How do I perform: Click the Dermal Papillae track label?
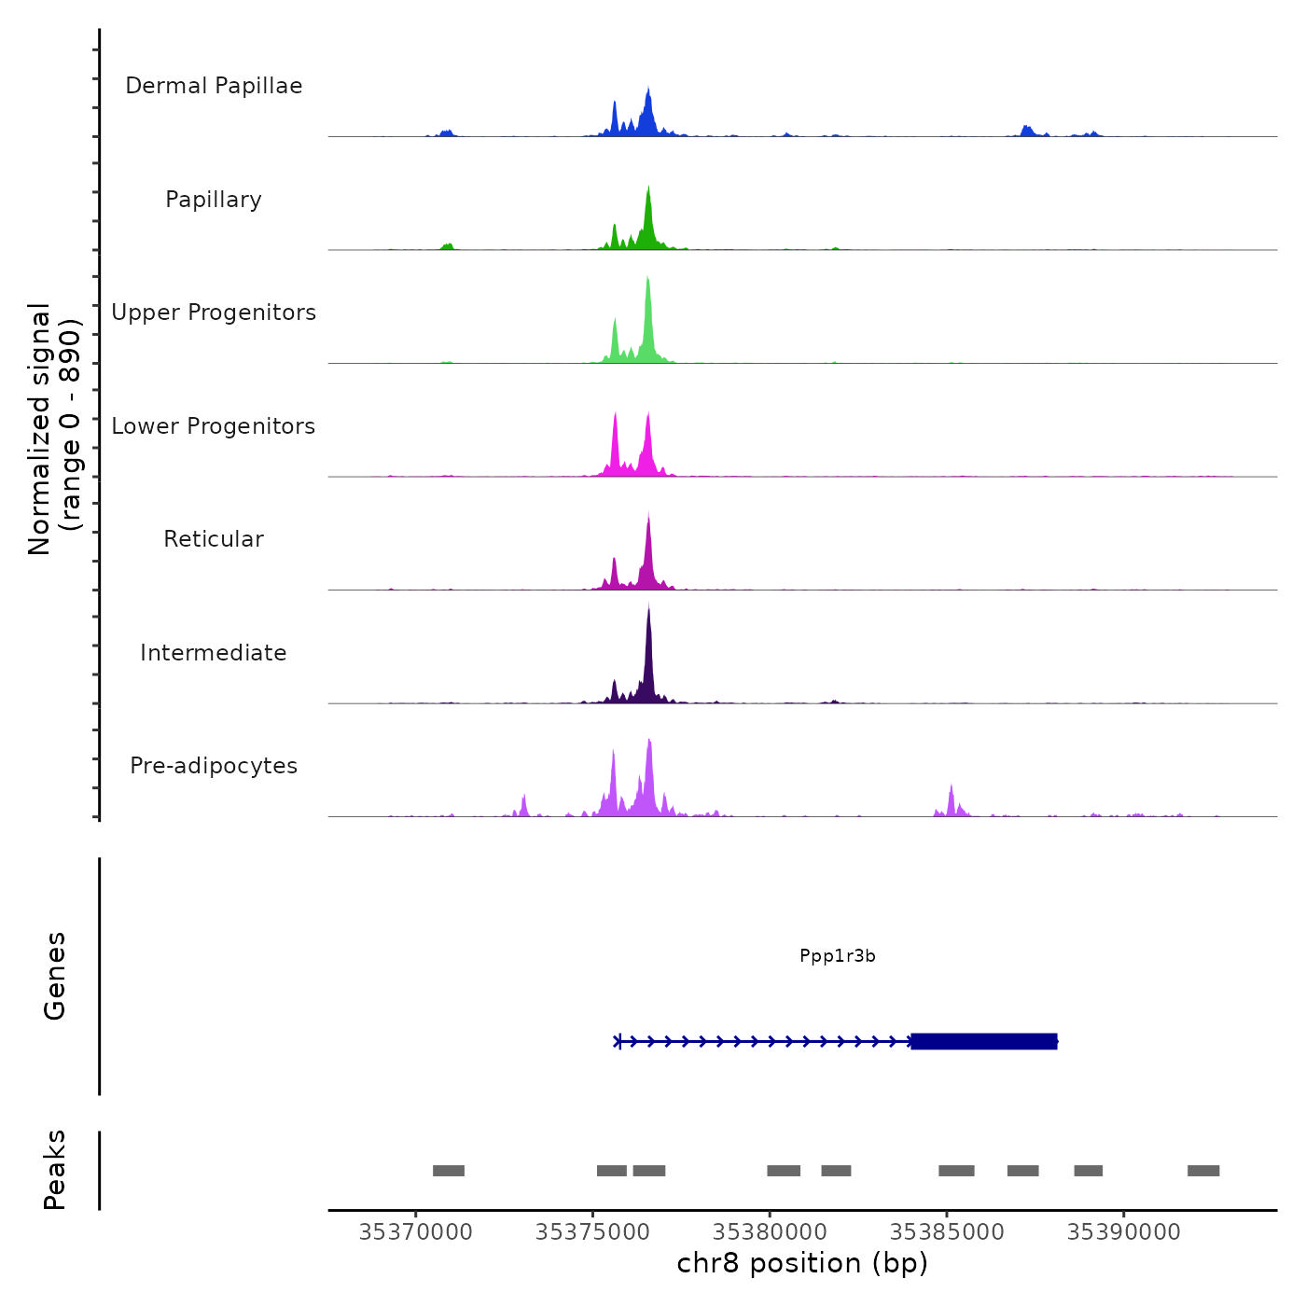214,86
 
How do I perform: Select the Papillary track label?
214,200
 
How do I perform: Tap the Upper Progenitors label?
214,313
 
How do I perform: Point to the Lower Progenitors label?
214,426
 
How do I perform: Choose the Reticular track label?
214,539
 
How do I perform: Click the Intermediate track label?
214,653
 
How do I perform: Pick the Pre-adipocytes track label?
214,766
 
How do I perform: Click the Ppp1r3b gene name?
838,956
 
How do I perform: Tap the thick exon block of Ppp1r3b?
984,1041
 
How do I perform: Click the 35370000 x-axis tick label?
415,1232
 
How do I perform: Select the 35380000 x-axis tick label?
770,1232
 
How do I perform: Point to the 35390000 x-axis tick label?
1123,1232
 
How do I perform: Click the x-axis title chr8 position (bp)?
802,1263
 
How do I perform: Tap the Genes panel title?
55,976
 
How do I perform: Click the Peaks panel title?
55,1170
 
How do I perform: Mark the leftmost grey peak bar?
449,1171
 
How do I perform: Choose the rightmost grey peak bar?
1203,1171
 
